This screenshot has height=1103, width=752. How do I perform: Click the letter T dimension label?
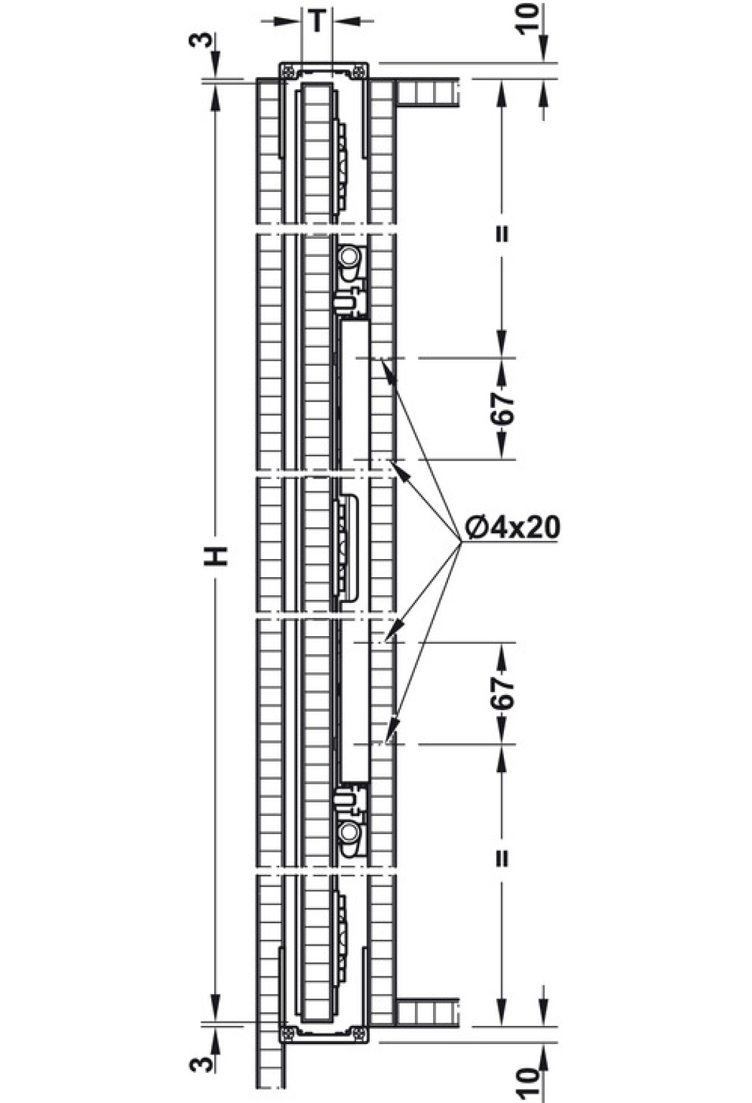pyautogui.click(x=318, y=21)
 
